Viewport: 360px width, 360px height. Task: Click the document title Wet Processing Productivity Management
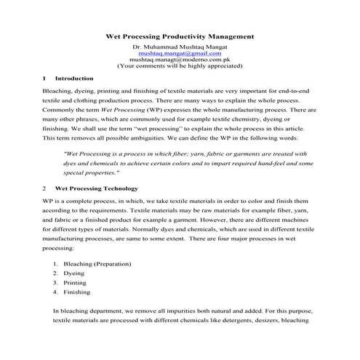click(180, 35)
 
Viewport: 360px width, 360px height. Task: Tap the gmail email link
click(180, 53)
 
